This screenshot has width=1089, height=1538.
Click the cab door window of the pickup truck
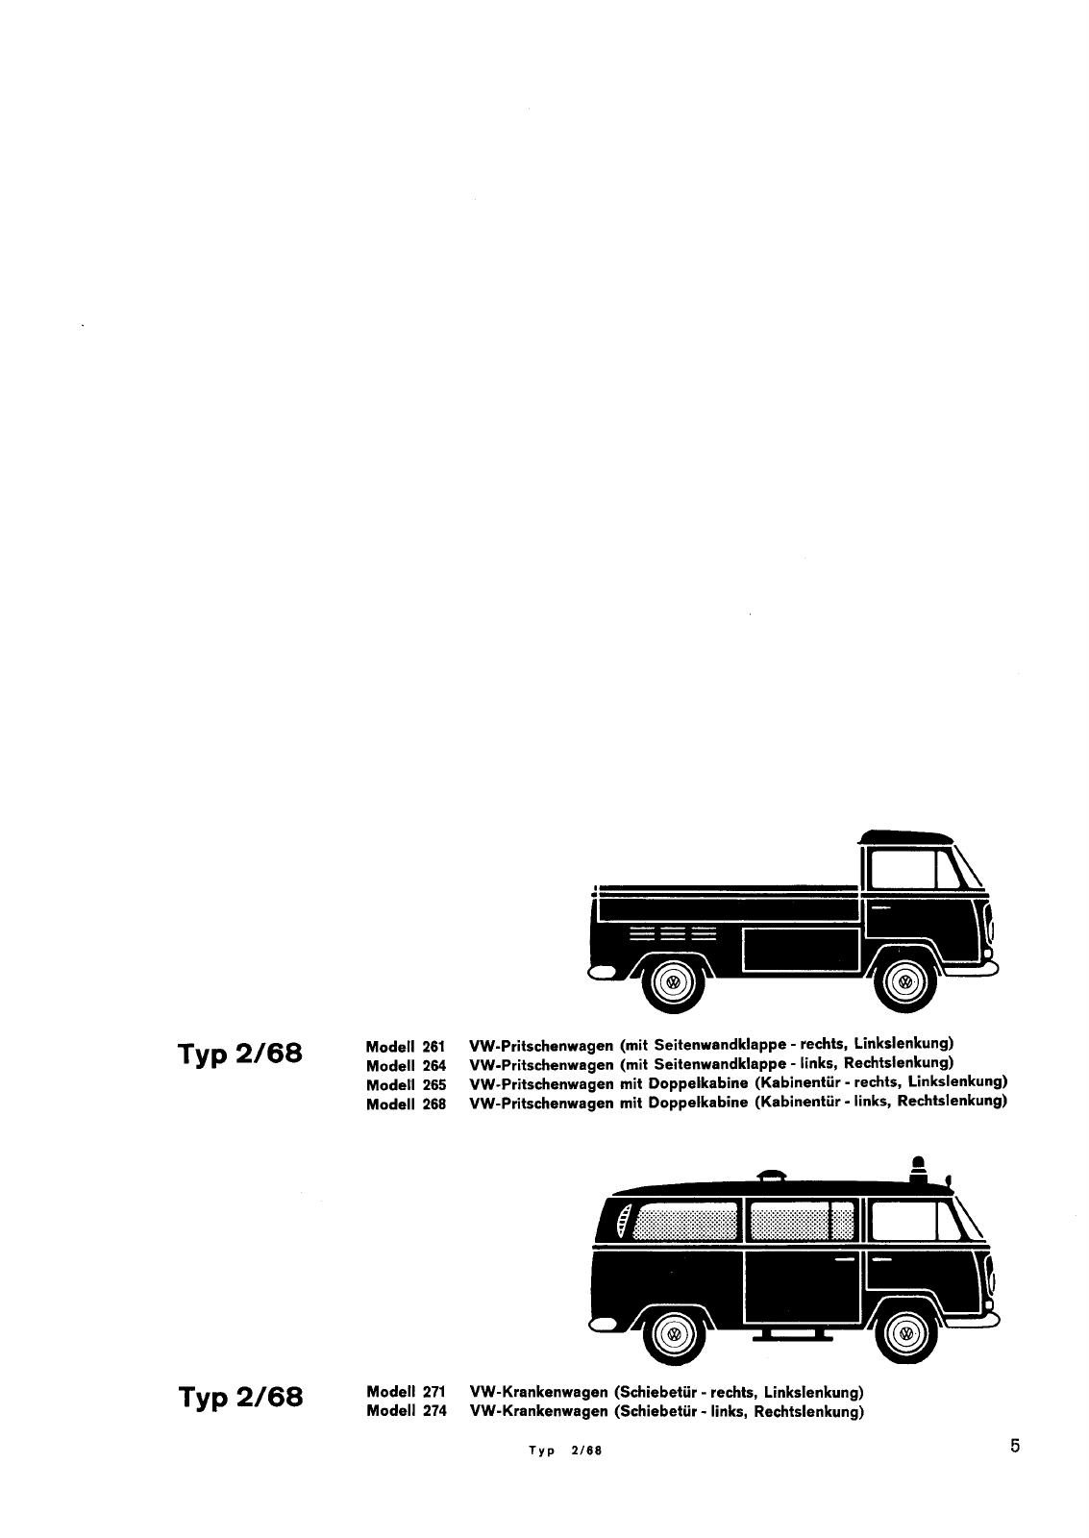pyautogui.click(x=903, y=869)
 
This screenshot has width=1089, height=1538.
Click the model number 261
pyautogui.click(x=433, y=1047)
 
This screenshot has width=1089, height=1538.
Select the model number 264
pyautogui.click(x=433, y=1066)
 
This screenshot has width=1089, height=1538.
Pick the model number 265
pyautogui.click(x=433, y=1085)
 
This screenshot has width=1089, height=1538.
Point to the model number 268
pyautogui.click(x=433, y=1104)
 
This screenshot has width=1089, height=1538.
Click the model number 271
pyautogui.click(x=433, y=1392)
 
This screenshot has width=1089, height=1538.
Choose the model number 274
pyautogui.click(x=433, y=1411)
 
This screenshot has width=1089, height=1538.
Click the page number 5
pyautogui.click(x=1015, y=1447)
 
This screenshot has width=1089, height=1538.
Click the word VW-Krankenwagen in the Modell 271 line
pyautogui.click(x=539, y=1392)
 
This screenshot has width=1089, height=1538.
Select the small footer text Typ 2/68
pyautogui.click(x=565, y=1451)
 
